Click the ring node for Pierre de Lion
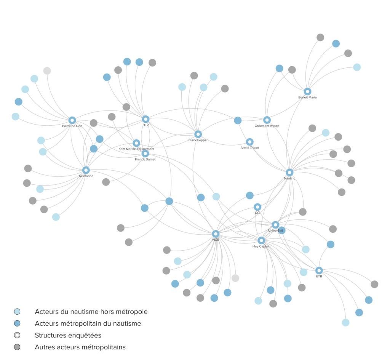72,120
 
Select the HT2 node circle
145,119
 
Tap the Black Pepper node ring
198,134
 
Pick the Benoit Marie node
307,91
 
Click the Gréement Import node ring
267,120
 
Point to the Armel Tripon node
249,142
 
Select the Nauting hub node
289,173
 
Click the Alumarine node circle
86,170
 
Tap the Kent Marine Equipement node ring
136,143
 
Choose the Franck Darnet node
145,154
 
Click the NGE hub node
216,234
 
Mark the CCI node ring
257,207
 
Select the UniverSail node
275,225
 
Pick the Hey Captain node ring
261,240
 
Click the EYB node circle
319,270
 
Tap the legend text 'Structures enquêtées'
68,336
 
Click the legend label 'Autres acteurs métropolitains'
80,347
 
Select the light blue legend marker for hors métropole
17,312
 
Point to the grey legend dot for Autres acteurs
17,347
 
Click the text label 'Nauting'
289,178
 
